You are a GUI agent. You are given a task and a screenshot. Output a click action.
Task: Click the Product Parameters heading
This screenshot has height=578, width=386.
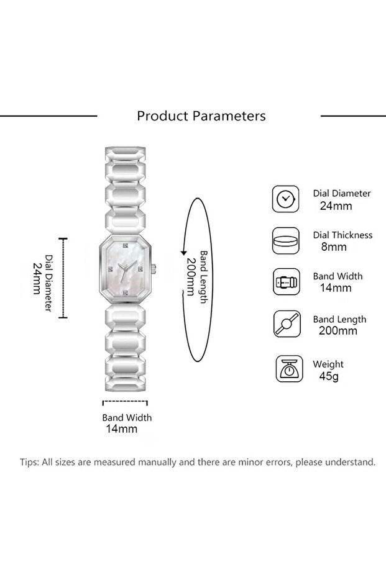(201, 116)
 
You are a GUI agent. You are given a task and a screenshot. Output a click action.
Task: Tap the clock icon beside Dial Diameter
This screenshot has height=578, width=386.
(285, 199)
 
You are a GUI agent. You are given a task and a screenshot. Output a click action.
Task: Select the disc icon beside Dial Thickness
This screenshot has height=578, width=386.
(285, 241)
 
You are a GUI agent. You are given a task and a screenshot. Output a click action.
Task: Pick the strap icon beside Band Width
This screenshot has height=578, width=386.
(285, 282)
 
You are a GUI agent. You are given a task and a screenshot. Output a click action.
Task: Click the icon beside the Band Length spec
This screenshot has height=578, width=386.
(285, 324)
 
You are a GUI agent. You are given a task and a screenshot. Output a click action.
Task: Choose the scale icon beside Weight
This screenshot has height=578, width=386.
(285, 369)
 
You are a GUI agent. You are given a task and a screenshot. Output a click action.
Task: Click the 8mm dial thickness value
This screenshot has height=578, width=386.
(333, 247)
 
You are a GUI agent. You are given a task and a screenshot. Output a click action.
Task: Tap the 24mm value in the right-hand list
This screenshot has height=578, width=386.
(335, 205)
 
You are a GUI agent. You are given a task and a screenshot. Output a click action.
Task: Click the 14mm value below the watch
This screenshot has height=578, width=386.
(121, 429)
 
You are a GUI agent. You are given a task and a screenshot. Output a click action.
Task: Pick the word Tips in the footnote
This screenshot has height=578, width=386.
(29, 463)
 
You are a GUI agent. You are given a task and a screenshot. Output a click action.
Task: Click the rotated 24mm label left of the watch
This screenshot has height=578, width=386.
(37, 278)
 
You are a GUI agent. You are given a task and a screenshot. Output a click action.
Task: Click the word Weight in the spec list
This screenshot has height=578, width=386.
(328, 364)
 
